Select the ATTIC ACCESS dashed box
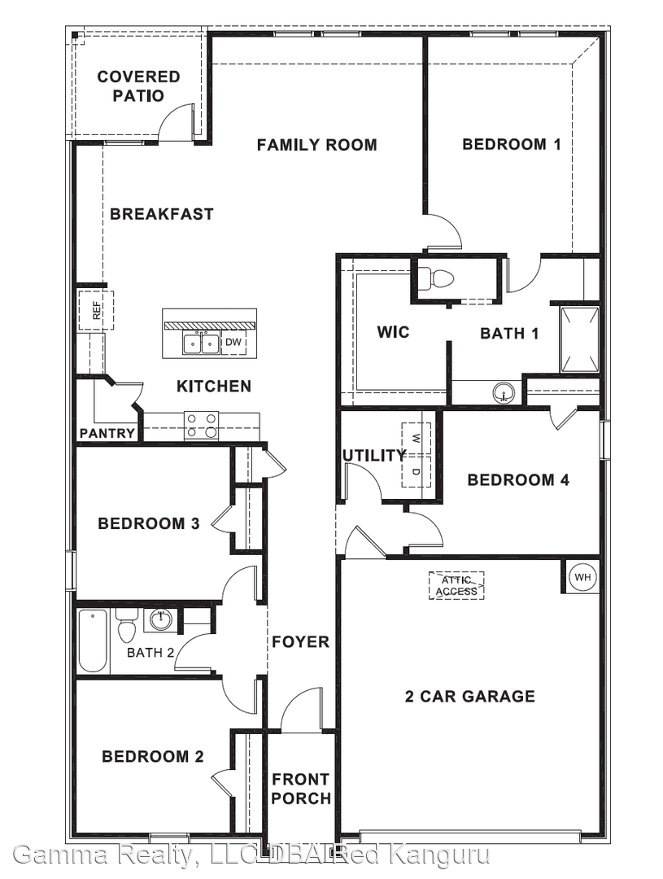coord(456,585)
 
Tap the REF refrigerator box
coord(96,310)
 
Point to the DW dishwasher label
coord(233,343)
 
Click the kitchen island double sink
coord(201,343)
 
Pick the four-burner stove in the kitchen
coord(201,425)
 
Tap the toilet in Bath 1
coord(442,279)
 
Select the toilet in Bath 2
coord(126,627)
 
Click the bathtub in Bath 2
coord(93,641)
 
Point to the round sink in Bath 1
coord(505,394)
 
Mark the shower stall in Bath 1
coord(579,339)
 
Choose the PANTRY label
coord(107,433)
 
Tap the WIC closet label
coord(393,332)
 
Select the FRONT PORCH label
coord(301,789)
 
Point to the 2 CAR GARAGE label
coord(470,696)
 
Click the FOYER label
coord(300,641)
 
